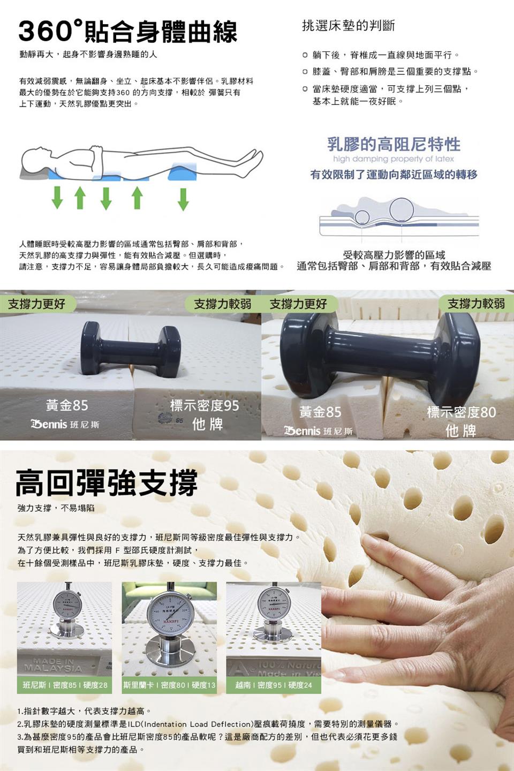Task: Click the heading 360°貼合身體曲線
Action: tap(127, 31)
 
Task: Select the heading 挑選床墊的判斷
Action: tap(348, 25)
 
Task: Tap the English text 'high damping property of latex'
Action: tap(393, 159)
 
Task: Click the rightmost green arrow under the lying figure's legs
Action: tap(183, 198)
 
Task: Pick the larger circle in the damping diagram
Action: tap(401, 209)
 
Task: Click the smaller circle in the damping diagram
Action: tap(362, 217)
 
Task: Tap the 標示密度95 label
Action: tap(205, 405)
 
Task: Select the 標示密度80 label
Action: tap(461, 412)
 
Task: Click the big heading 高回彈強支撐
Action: tap(107, 482)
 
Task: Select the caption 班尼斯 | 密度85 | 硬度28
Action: tap(65, 685)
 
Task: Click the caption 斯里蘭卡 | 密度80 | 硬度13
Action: tap(169, 685)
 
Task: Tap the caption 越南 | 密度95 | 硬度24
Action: tap(274, 685)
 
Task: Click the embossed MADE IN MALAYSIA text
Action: tap(53, 665)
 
